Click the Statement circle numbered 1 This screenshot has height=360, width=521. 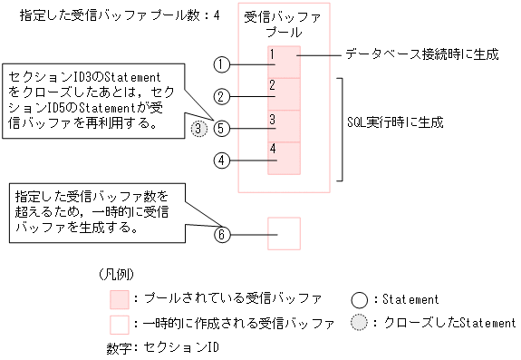pyautogui.click(x=222, y=64)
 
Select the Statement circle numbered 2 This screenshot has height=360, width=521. pyautogui.click(x=222, y=96)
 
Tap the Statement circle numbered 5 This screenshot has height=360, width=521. pyautogui.click(x=222, y=128)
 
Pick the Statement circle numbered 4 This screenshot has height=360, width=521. pyautogui.click(x=222, y=161)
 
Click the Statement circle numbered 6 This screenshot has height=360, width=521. pyautogui.click(x=222, y=234)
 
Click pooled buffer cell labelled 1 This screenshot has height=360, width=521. pyautogui.click(x=284, y=62)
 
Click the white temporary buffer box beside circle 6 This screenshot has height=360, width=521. pyautogui.click(x=284, y=233)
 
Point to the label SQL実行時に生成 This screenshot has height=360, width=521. pyautogui.click(x=396, y=121)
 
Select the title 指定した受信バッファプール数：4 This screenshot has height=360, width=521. pyautogui.click(x=112, y=15)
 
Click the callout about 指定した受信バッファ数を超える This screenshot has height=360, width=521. pyautogui.click(x=92, y=212)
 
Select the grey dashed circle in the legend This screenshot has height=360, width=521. pyautogui.click(x=359, y=324)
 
